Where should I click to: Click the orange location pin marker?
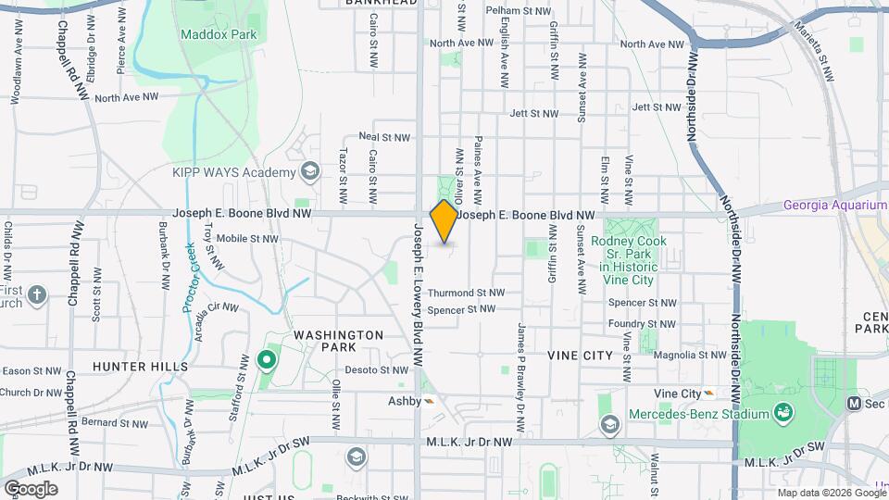pyautogui.click(x=444, y=220)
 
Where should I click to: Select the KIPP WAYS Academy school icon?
pyautogui.click(x=309, y=171)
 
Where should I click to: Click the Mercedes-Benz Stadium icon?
pyautogui.click(x=784, y=411)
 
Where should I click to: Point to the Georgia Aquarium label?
pyautogui.click(x=834, y=206)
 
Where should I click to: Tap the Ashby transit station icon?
pyautogui.click(x=429, y=401)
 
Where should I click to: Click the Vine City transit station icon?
pyautogui.click(x=708, y=393)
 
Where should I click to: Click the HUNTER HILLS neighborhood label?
pyautogui.click(x=140, y=367)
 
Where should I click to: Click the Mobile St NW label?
pyautogui.click(x=247, y=238)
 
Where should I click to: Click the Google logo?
pyautogui.click(x=31, y=488)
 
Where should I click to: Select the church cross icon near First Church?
pyautogui.click(x=36, y=296)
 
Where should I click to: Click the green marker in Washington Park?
pyautogui.click(x=267, y=359)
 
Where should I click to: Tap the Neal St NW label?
pyautogui.click(x=383, y=137)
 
